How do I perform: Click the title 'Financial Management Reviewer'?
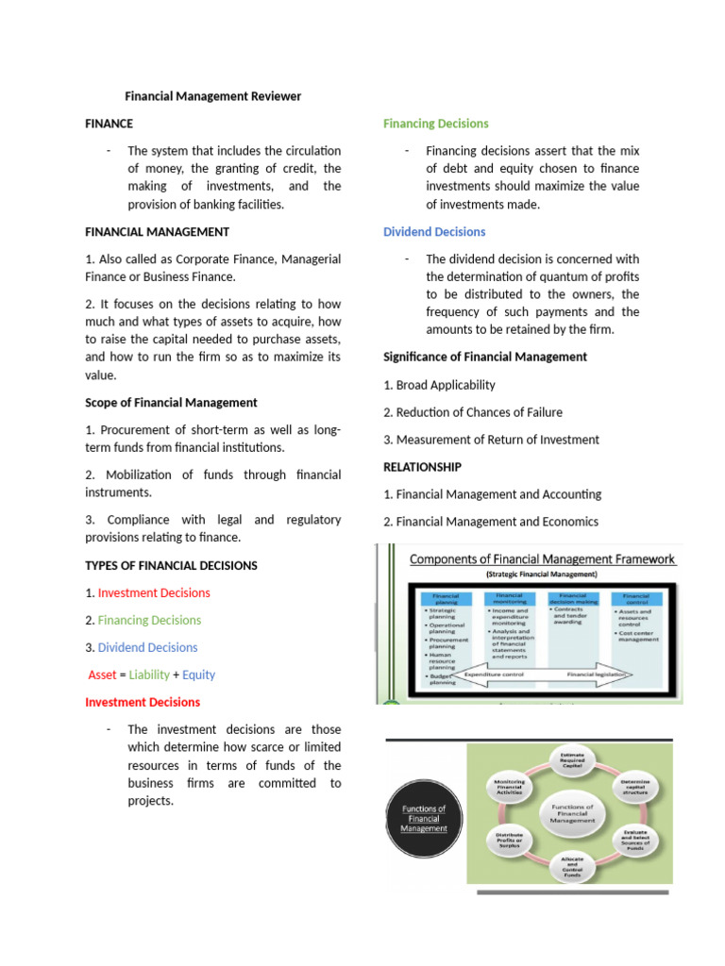pyautogui.click(x=213, y=96)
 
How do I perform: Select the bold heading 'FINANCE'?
pyautogui.click(x=109, y=124)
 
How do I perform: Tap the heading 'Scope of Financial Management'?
pyautogui.click(x=171, y=403)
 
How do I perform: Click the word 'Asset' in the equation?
pyautogui.click(x=102, y=675)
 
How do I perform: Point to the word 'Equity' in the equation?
pyautogui.click(x=198, y=675)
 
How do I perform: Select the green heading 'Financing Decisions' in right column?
pyautogui.click(x=435, y=124)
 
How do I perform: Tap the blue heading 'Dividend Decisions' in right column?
pyautogui.click(x=434, y=232)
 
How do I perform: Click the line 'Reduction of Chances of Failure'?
pyautogui.click(x=479, y=412)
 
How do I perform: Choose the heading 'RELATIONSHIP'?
pyautogui.click(x=422, y=467)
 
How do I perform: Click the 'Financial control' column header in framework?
pyautogui.click(x=635, y=599)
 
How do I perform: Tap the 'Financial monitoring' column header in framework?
pyautogui.click(x=511, y=599)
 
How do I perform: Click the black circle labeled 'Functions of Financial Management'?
pyautogui.click(x=423, y=818)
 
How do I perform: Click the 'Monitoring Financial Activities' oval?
pyautogui.click(x=509, y=787)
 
